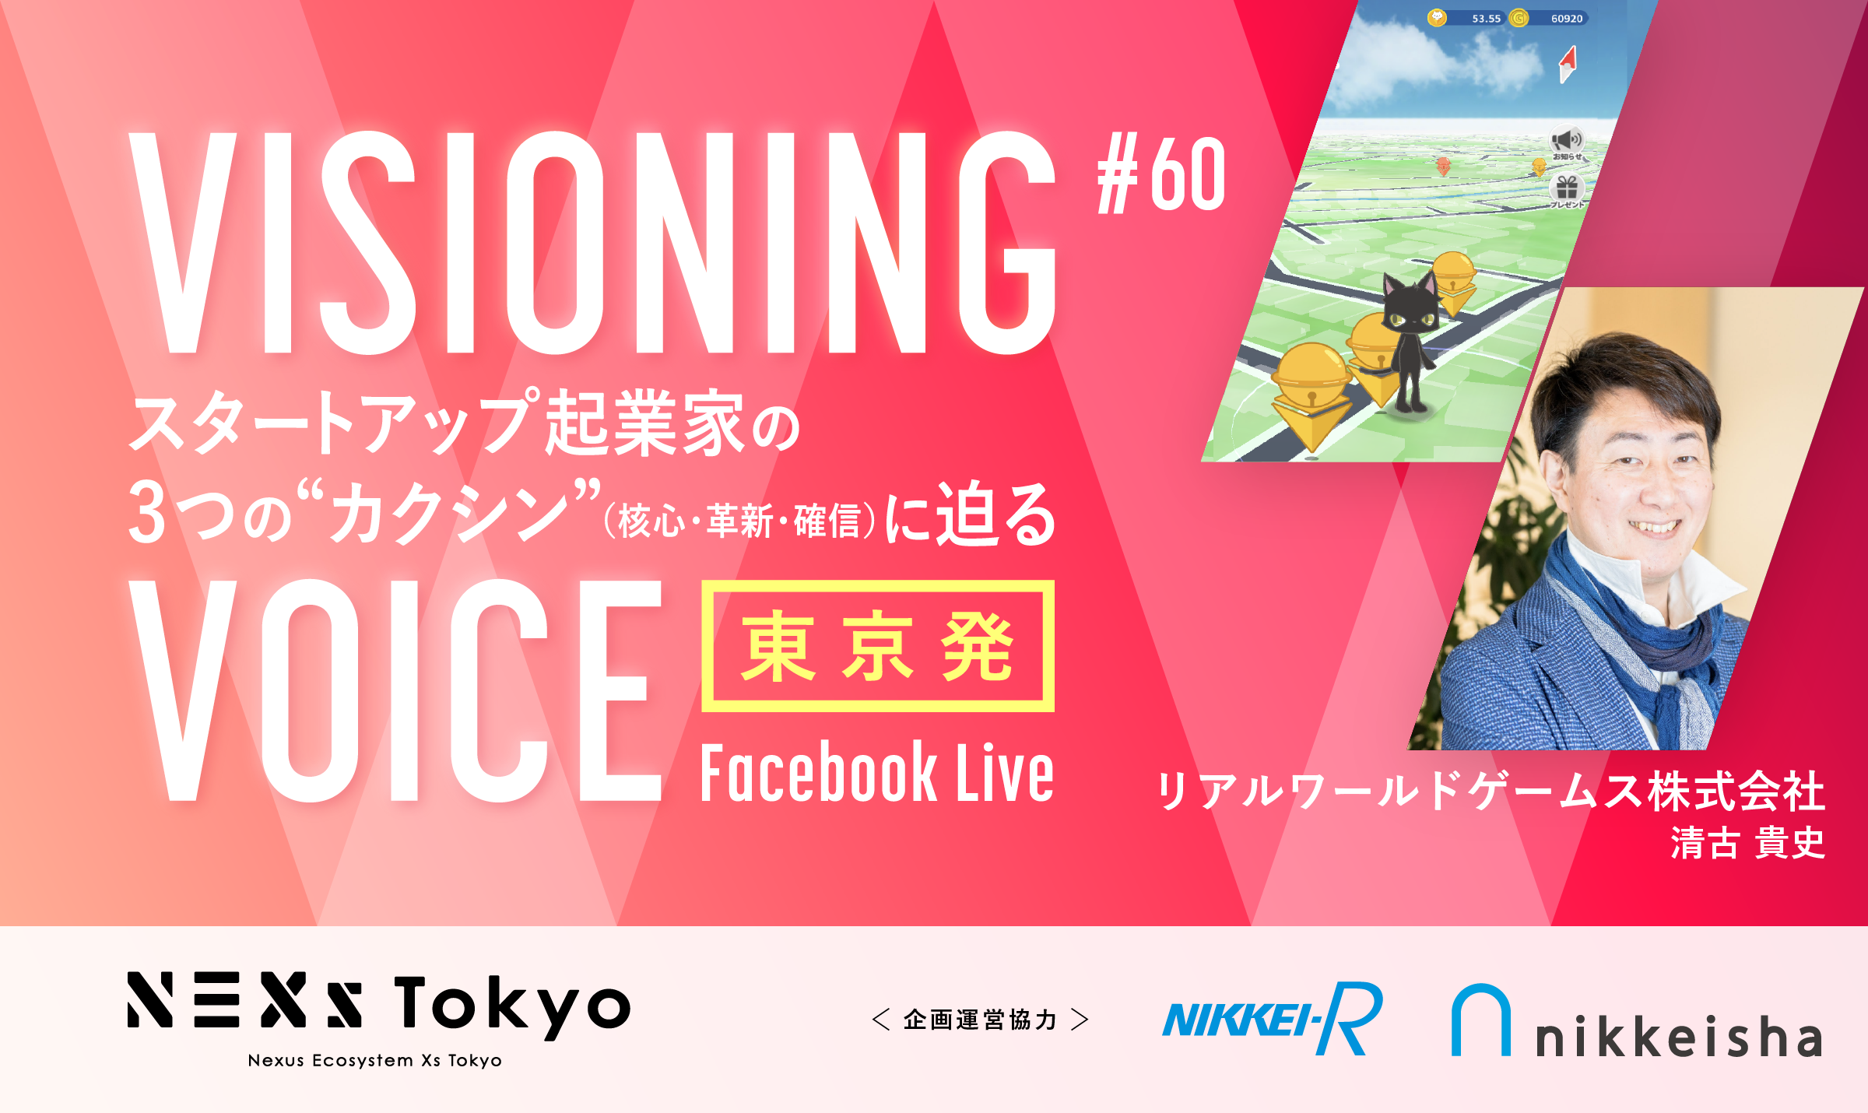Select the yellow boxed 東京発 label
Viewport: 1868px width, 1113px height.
pos(878,645)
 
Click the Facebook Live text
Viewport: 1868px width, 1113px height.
pos(877,772)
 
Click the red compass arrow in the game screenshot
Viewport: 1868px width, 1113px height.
pos(1568,63)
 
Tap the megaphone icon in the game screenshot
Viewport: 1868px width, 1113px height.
pos(1566,140)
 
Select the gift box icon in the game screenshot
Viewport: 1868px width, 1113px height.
pos(1566,188)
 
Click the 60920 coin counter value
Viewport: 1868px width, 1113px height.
pos(1567,19)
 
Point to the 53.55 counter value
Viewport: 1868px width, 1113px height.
pos(1486,19)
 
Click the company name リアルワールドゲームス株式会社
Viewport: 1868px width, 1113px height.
pos(1491,791)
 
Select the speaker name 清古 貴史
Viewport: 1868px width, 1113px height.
pos(1747,842)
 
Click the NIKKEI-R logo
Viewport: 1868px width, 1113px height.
pos(1273,1018)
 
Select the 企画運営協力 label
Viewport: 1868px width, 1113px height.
pos(980,1020)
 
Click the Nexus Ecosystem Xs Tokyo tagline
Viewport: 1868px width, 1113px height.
pos(375,1060)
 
